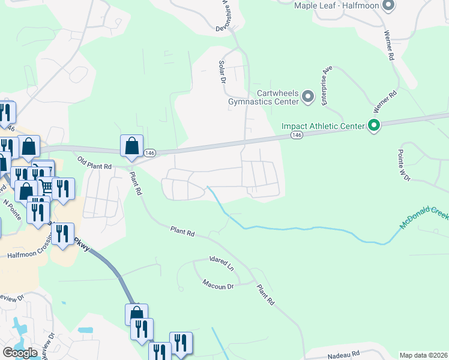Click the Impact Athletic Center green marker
[x=374, y=125]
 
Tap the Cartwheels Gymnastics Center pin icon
[x=308, y=97]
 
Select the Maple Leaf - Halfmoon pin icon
[x=388, y=6]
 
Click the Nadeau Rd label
[x=343, y=355]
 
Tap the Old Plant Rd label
[x=95, y=162]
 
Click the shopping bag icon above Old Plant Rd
[x=131, y=146]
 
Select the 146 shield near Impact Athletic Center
[x=297, y=136]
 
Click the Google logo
[x=20, y=353]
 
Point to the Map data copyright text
[x=424, y=355]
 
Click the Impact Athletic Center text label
[x=324, y=126]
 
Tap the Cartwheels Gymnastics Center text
[x=264, y=97]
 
